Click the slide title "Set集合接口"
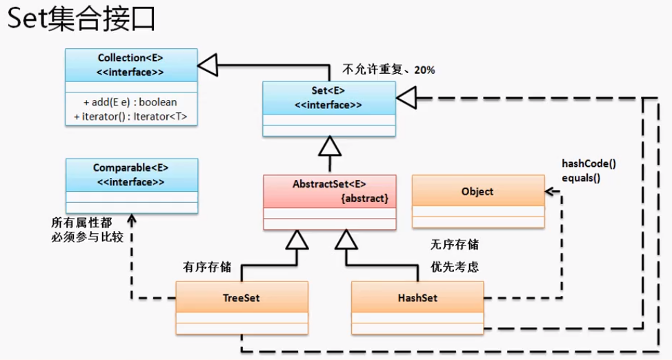click(x=81, y=19)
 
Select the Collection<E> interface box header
click(x=131, y=65)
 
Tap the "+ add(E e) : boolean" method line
click(x=130, y=102)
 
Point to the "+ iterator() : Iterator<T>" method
click(x=130, y=117)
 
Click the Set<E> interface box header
click(x=328, y=98)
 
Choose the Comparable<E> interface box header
click(x=132, y=175)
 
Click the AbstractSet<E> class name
click(x=329, y=184)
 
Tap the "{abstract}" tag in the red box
click(x=365, y=199)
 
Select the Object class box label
click(x=477, y=192)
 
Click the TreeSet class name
click(x=241, y=298)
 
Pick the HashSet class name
click(x=417, y=298)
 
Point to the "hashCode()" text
click(x=589, y=163)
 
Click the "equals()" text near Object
click(x=581, y=178)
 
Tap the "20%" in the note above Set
click(x=424, y=70)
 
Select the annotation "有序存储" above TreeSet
click(x=207, y=268)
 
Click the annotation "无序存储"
click(x=455, y=245)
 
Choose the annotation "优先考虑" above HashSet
click(x=455, y=267)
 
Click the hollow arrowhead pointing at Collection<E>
click(x=208, y=65)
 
